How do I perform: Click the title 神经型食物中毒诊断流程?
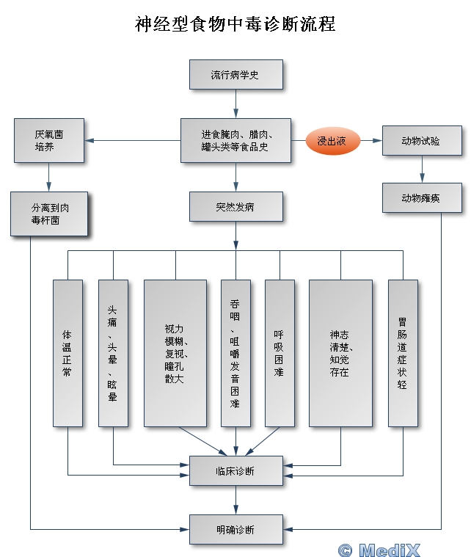[235, 23]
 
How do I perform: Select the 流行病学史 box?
[235, 75]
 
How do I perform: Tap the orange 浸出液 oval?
[332, 140]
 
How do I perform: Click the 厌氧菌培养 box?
[49, 140]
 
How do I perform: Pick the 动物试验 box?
[421, 140]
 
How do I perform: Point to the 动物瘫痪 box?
[421, 198]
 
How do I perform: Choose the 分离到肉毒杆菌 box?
[49, 214]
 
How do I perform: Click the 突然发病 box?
[235, 206]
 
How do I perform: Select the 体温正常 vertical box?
[67, 352]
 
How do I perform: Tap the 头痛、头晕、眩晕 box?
[113, 352]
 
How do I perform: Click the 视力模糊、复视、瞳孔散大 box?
[175, 352]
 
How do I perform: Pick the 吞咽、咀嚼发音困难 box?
[235, 352]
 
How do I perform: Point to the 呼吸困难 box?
[279, 352]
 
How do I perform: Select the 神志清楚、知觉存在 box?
[340, 352]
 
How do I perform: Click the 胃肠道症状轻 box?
[403, 352]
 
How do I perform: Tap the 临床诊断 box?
[235, 470]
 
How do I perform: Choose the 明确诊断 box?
[235, 528]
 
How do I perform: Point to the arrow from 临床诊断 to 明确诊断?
[235, 500]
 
